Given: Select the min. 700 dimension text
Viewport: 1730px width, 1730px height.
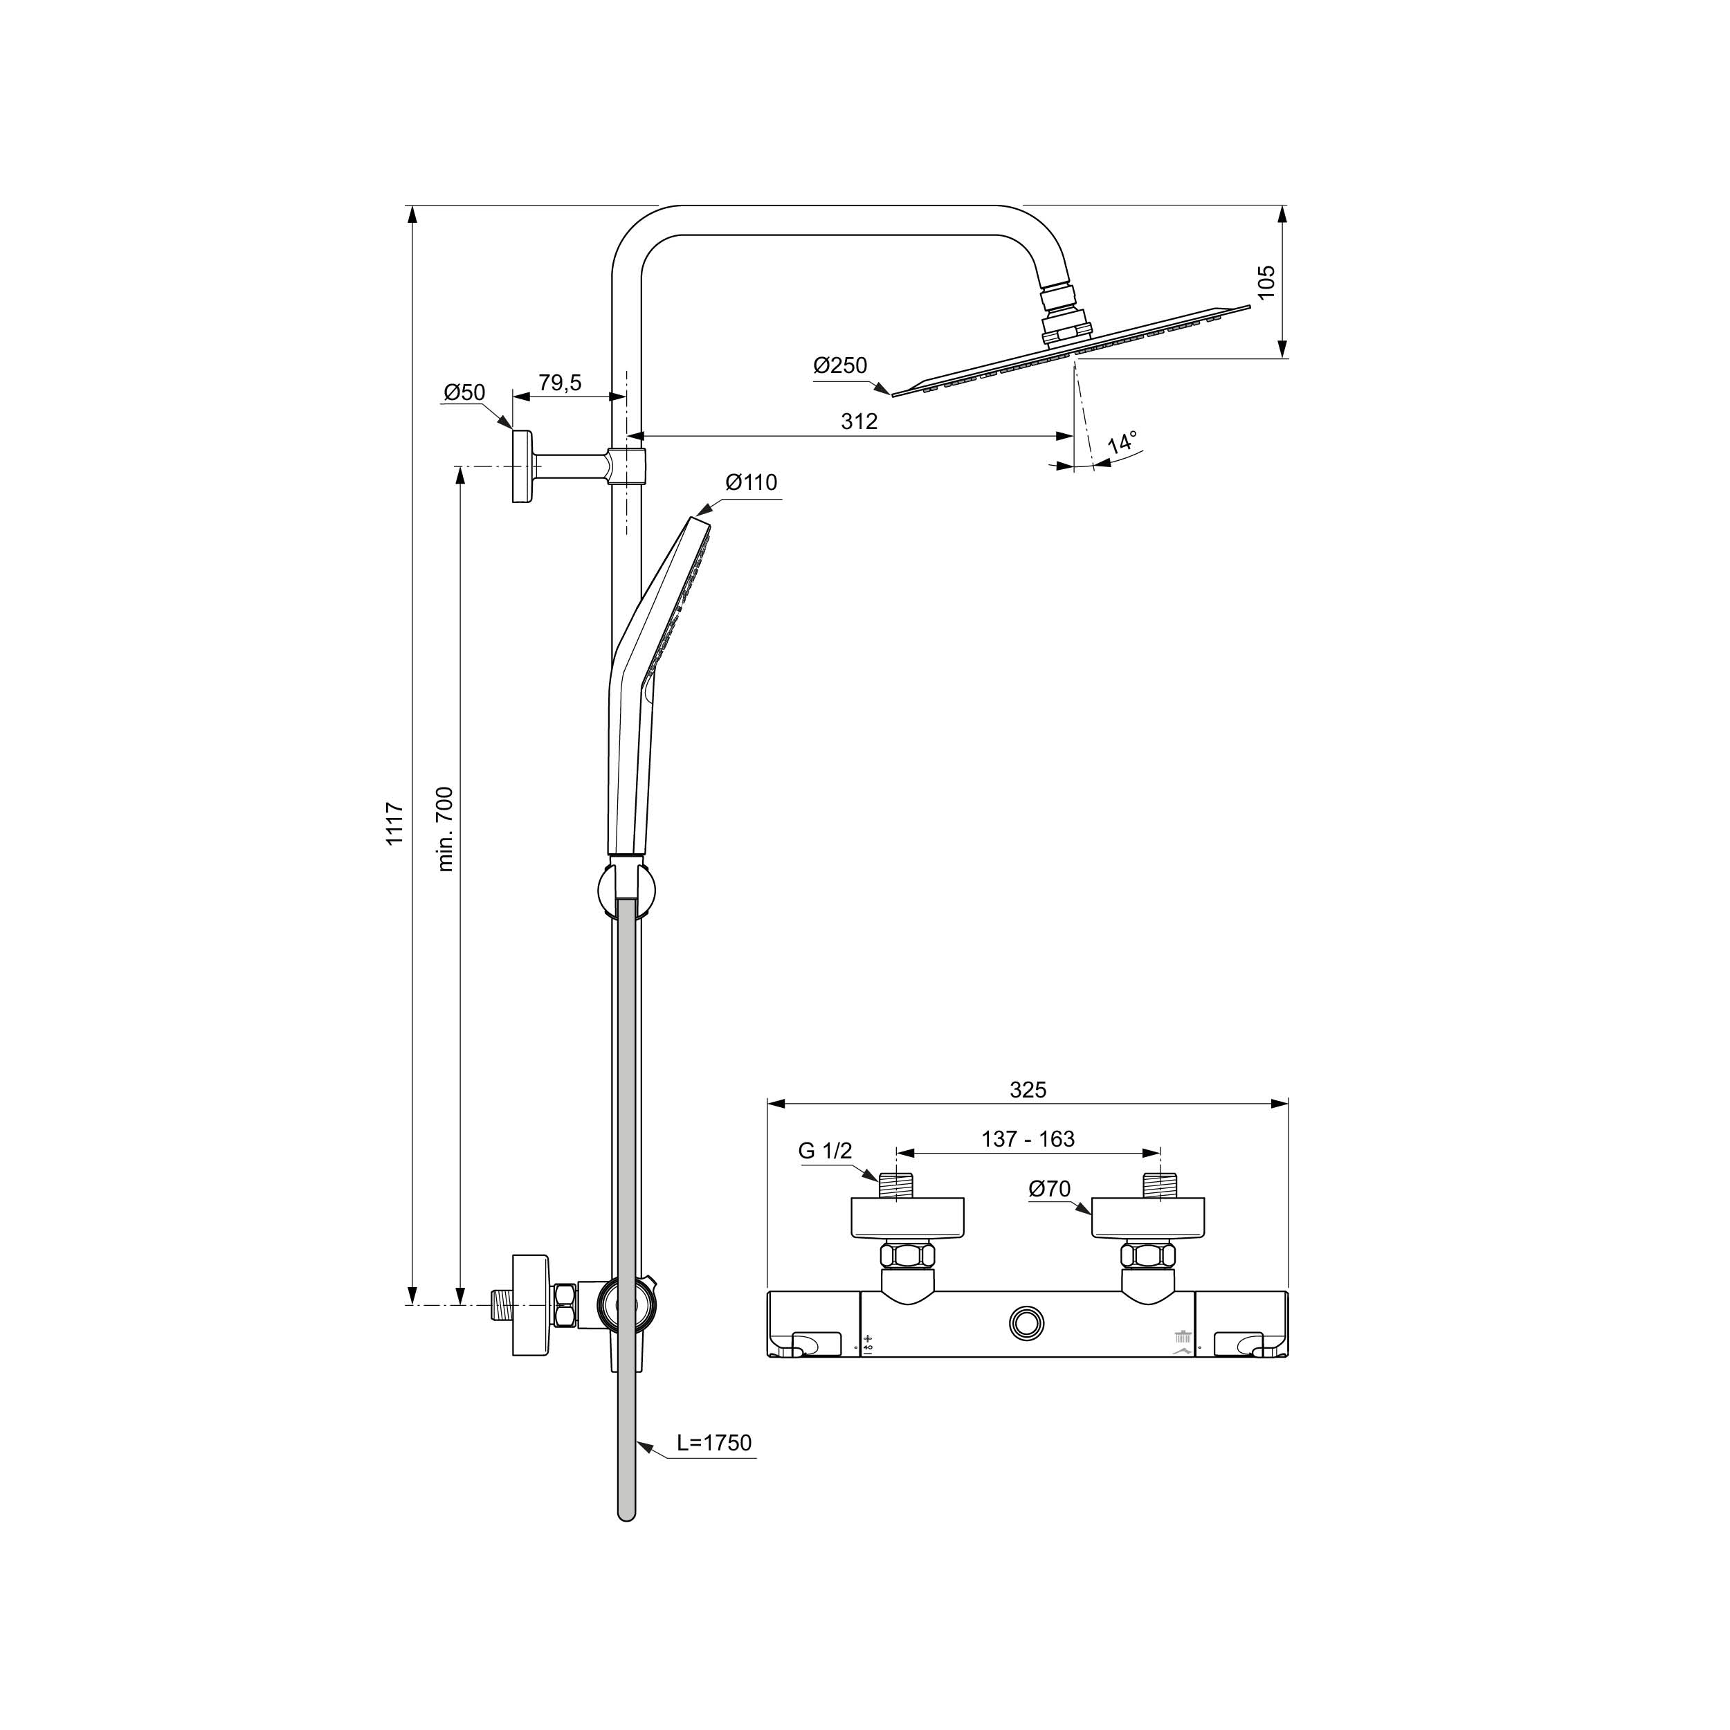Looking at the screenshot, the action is [x=445, y=829].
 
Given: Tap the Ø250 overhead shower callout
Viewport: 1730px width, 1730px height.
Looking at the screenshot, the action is [x=840, y=365].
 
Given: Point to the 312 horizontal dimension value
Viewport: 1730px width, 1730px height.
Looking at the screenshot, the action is [x=859, y=421].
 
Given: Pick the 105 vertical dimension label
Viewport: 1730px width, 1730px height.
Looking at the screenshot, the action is [x=1265, y=282].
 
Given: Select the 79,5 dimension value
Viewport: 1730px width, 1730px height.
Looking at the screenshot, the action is [x=560, y=383].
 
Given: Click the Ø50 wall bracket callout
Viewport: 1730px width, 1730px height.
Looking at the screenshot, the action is [x=464, y=392].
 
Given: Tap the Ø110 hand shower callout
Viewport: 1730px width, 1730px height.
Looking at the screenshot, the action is [x=752, y=482].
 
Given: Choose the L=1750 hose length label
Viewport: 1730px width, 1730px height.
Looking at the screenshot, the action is [x=713, y=1443].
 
